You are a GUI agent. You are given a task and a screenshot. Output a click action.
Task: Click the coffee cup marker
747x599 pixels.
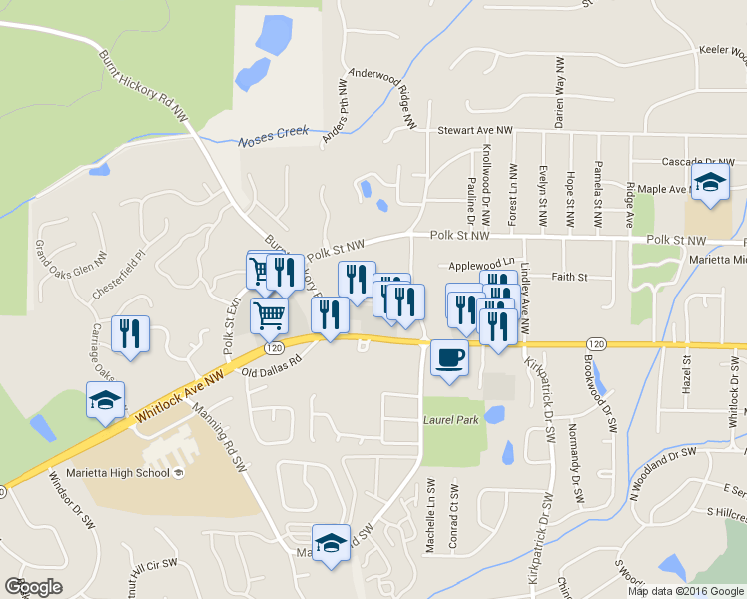tap(449, 357)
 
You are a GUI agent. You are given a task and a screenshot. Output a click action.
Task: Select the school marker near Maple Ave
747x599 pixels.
tap(711, 184)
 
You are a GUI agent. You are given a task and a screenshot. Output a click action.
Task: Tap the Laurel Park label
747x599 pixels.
tap(450, 419)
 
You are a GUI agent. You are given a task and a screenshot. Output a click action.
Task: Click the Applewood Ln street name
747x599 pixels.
tap(480, 265)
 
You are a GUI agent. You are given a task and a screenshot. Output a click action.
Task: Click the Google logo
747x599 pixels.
tap(34, 587)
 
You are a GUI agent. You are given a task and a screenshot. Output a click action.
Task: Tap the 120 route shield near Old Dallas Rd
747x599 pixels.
tap(272, 349)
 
